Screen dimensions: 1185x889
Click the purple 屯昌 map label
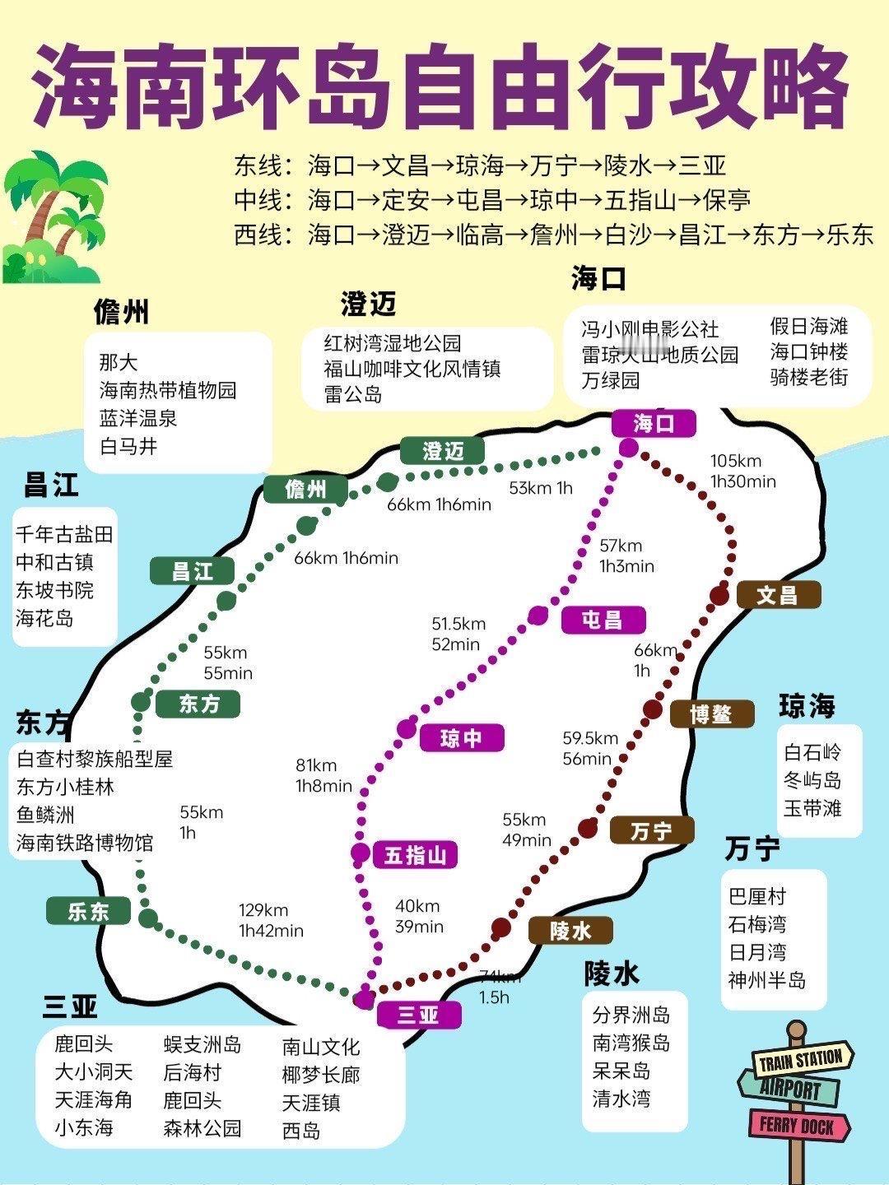point(603,620)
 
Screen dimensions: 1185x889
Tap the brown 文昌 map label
point(778,594)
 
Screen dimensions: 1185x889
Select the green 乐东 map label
point(89,911)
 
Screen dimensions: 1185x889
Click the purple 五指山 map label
point(415,855)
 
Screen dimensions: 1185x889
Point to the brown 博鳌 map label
point(711,713)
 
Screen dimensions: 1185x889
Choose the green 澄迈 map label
point(443,451)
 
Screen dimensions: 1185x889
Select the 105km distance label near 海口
point(736,461)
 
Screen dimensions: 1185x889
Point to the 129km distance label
point(263,909)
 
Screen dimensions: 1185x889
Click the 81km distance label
point(316,766)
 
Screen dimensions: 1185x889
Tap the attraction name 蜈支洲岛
point(202,1045)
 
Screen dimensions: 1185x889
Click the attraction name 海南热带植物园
point(168,390)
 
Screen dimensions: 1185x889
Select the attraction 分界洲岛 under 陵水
point(631,1015)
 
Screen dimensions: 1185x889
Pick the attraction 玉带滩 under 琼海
point(812,808)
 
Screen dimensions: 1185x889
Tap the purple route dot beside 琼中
point(407,727)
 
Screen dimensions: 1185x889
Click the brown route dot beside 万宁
point(587,828)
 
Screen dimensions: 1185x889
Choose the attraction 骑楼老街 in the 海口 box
point(809,378)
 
